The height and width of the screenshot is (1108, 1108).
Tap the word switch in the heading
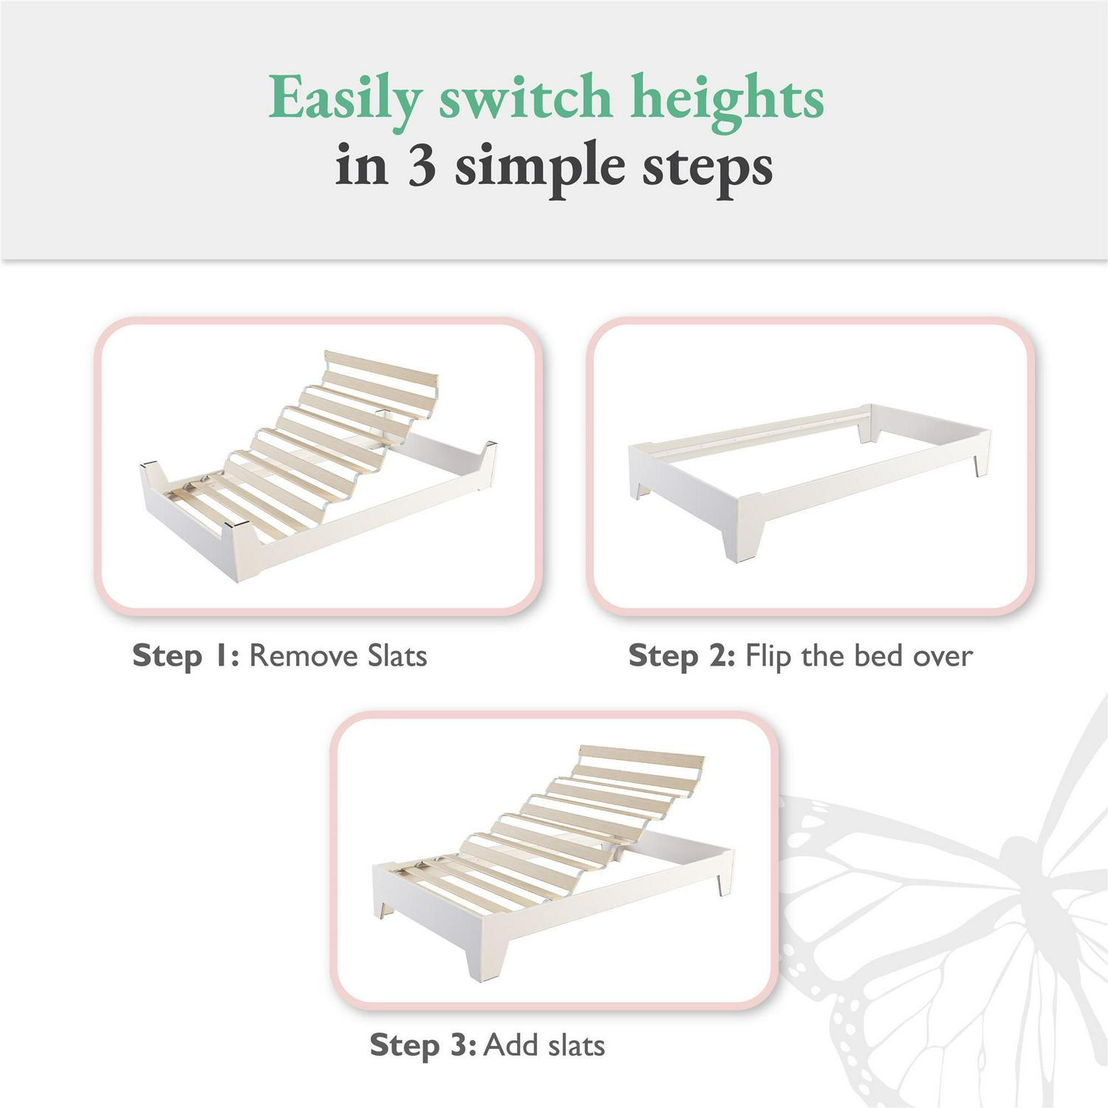point(525,97)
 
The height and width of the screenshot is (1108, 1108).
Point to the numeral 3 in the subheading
point(421,165)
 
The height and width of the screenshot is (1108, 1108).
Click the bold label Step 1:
point(185,656)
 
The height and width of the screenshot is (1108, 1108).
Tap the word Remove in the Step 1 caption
point(295,655)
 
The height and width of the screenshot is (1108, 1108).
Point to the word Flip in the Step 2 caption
point(768,656)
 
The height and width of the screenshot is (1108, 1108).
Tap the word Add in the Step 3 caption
point(510,1044)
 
